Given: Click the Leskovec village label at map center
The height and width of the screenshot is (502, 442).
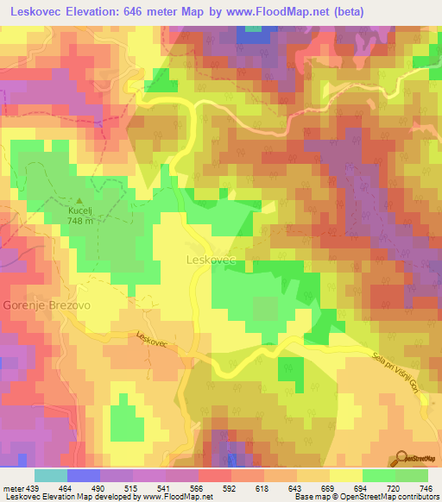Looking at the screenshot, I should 212,258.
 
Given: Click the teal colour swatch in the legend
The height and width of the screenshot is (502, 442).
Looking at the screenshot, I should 51,475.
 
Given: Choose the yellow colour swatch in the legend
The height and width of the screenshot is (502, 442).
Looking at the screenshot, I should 345,475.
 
